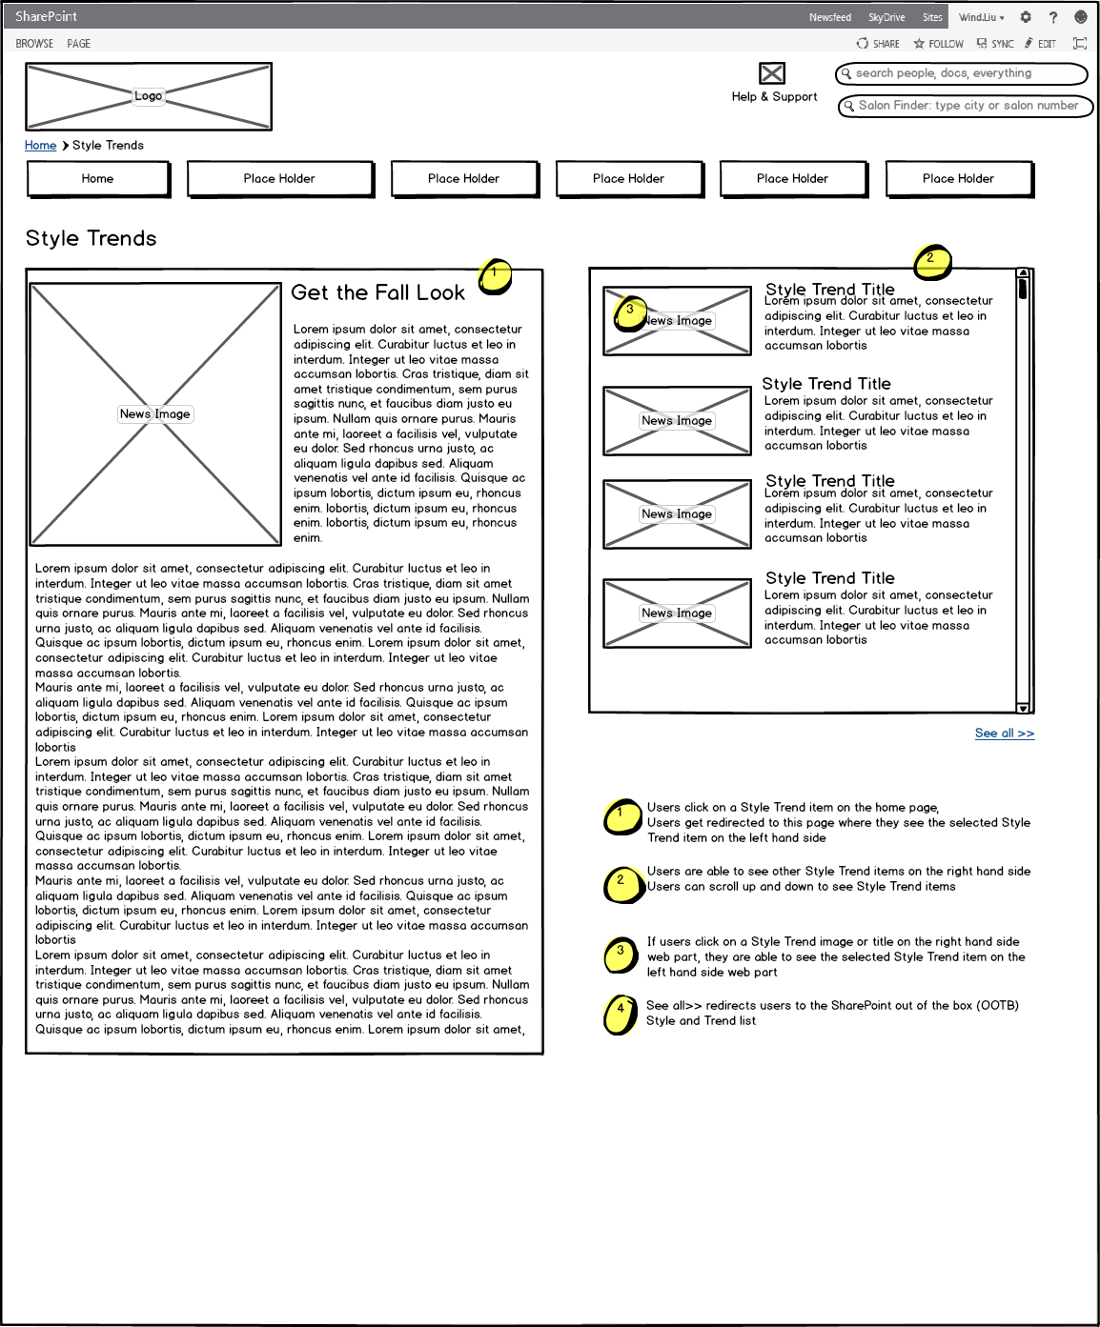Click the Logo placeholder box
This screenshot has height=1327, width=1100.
(x=149, y=96)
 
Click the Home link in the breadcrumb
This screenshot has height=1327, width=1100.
(x=40, y=146)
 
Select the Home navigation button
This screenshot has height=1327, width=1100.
(x=98, y=178)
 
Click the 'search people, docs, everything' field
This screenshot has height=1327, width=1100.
(x=961, y=73)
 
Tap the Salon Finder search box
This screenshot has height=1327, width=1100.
(x=965, y=106)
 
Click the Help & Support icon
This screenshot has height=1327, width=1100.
(x=772, y=73)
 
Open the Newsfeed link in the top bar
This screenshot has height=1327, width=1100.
(x=829, y=17)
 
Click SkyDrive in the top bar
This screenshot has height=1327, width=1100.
(x=886, y=17)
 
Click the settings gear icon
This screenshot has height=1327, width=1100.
(x=1026, y=17)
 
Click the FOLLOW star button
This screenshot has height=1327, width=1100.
(x=938, y=44)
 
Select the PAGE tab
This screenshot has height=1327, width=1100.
(x=79, y=44)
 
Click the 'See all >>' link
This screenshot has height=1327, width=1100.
(x=1004, y=734)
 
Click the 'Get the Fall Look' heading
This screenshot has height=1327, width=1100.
(x=378, y=292)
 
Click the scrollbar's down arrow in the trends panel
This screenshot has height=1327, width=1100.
(x=1023, y=708)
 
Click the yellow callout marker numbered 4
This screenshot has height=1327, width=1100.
(x=621, y=1014)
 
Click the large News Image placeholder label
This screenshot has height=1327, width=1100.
(x=155, y=414)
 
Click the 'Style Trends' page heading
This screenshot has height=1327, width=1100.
(x=92, y=238)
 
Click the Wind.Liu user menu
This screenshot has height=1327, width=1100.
(x=981, y=17)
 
